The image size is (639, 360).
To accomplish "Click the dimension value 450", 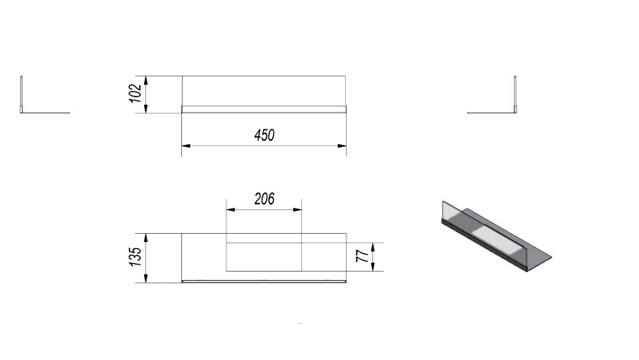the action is pos(265,135).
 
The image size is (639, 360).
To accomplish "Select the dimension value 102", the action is pos(135,93).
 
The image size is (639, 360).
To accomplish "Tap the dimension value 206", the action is pos(265,199).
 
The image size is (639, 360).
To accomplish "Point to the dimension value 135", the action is pos(135,257).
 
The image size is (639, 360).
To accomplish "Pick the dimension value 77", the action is pos(362,256).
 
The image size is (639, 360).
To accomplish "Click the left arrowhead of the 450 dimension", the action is pos(186,145).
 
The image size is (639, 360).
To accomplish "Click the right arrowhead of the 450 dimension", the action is pos(342,145).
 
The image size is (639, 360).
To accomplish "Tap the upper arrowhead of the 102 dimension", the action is pos(146,80).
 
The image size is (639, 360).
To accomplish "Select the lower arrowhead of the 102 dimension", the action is pos(146,108).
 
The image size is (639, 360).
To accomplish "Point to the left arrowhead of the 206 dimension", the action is pos(231,210).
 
